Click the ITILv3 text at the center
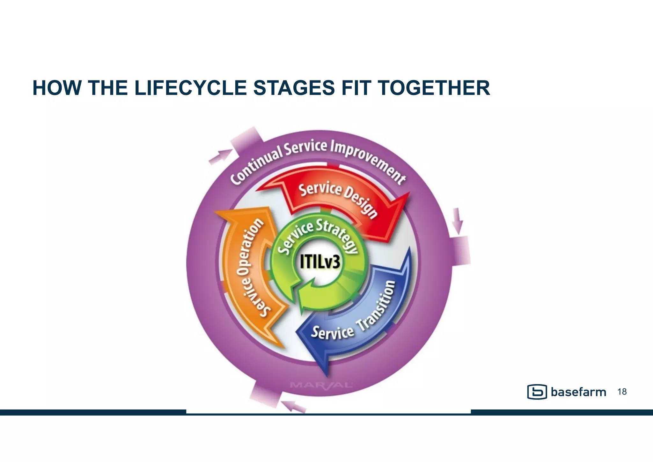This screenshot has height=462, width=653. (x=320, y=263)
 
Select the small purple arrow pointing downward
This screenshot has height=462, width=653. (x=458, y=220)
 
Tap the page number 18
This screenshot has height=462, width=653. (x=622, y=392)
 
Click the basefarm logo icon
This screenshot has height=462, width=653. (x=537, y=392)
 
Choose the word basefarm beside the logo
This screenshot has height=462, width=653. (x=578, y=392)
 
